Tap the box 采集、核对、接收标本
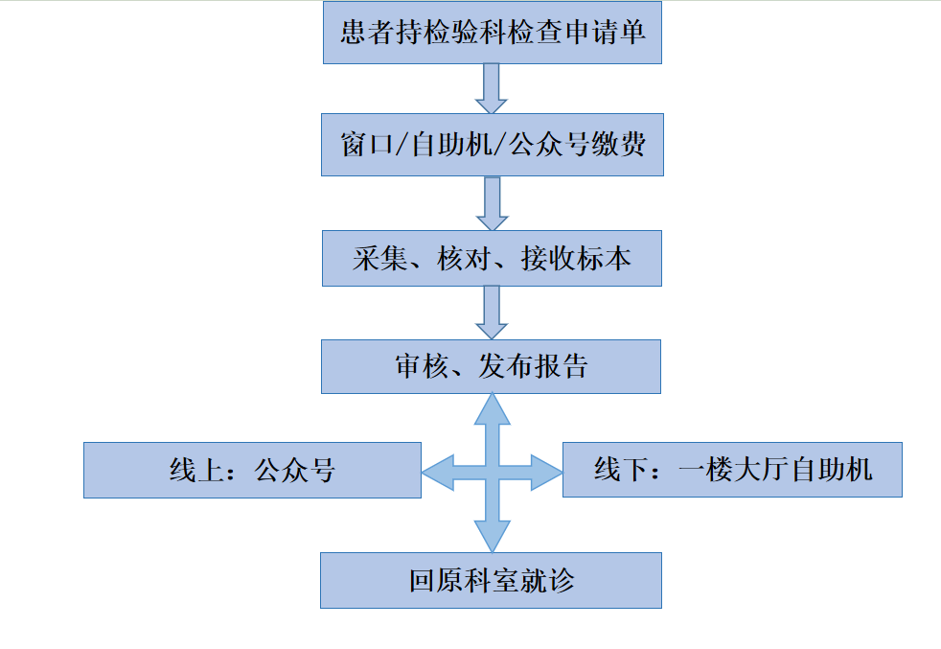point(492,258)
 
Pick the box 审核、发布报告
point(491,365)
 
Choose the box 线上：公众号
point(252,470)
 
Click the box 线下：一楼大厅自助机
point(732,469)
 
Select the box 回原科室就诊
point(491,580)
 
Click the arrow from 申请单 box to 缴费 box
point(492,87)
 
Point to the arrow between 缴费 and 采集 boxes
point(492,202)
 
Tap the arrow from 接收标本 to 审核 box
point(492,312)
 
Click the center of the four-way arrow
point(492,471)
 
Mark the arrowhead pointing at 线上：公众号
point(436,471)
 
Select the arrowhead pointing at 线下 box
point(547,471)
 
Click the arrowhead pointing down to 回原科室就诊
point(492,535)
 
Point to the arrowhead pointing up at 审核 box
point(492,408)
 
